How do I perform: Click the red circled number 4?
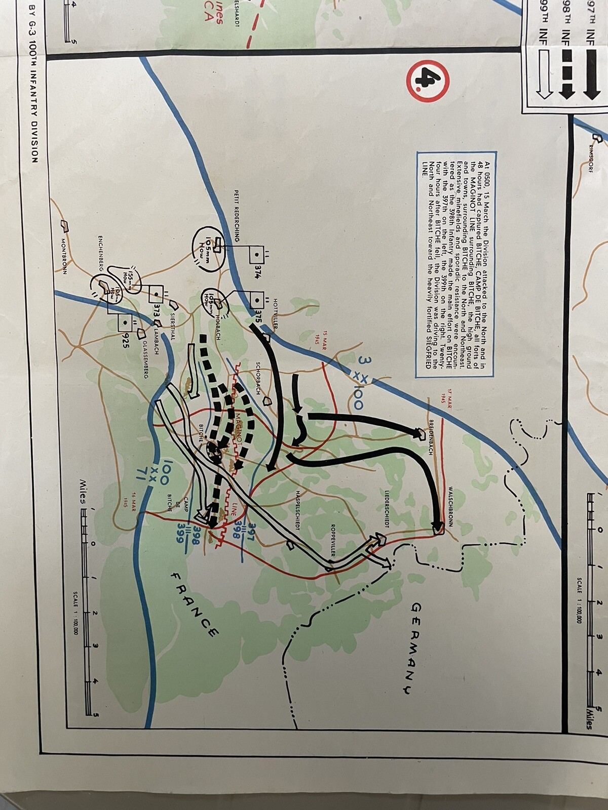(x=428, y=81)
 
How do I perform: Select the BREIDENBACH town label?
(x=431, y=437)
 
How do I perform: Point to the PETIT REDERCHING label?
(x=236, y=216)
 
